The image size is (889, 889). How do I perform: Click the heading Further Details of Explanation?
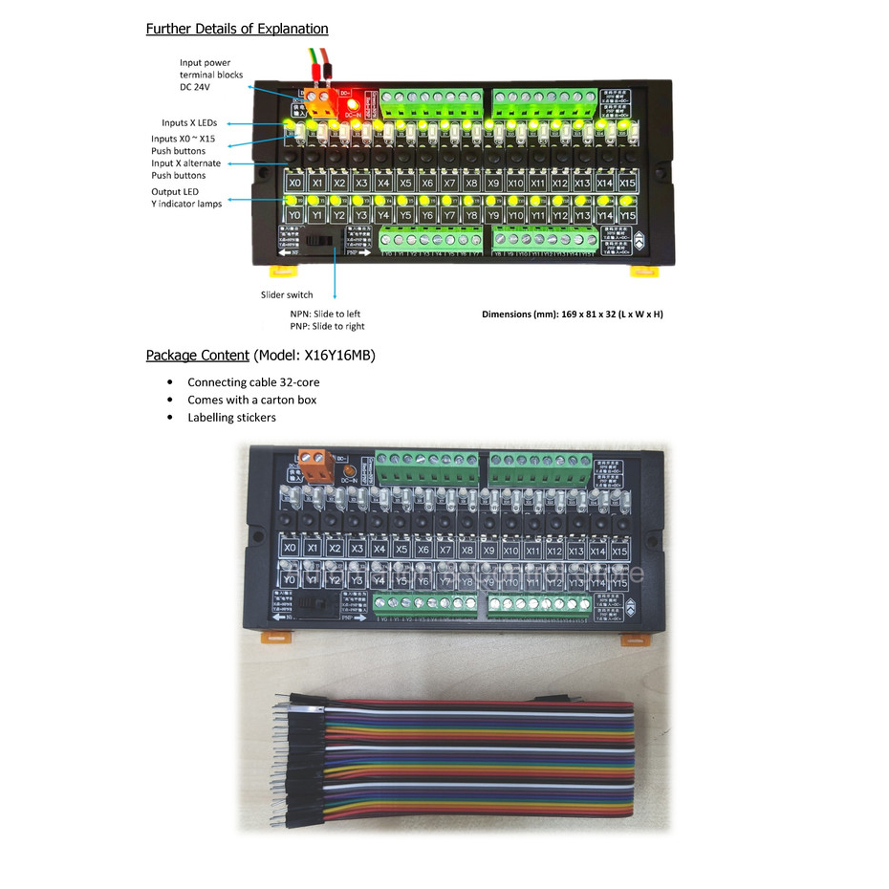tap(236, 29)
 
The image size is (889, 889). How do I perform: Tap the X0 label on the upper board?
tap(294, 183)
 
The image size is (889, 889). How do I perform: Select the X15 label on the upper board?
tap(627, 183)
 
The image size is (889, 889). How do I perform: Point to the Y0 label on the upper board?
tap(294, 216)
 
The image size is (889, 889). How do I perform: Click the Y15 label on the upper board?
tap(627, 216)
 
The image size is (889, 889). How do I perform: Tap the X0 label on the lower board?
tap(290, 549)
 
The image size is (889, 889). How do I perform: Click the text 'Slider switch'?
tap(286, 294)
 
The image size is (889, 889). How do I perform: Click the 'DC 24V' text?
tap(194, 87)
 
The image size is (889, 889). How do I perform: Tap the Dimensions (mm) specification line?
tap(572, 314)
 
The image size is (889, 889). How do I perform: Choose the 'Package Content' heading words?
tap(198, 356)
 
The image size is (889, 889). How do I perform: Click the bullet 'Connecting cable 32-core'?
tap(253, 382)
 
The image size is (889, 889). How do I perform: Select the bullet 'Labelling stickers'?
tap(231, 418)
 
